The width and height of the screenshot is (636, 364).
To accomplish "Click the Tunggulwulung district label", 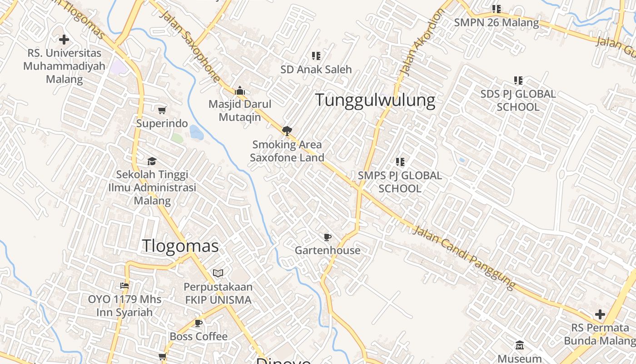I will point(375,100).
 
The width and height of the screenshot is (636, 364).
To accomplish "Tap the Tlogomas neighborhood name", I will point(180,246).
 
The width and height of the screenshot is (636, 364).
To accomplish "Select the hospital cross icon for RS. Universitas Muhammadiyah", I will point(64,40).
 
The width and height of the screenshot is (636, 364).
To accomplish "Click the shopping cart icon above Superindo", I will point(162,110).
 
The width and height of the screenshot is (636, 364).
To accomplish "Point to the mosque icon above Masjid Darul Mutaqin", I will point(240,91).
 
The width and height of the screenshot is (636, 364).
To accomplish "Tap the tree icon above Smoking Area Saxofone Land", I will point(287,131).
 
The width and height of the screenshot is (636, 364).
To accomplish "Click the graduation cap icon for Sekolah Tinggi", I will point(152,161).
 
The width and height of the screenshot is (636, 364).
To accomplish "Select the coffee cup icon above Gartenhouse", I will point(327,237).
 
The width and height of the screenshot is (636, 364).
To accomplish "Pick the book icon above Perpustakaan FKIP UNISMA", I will point(218,273).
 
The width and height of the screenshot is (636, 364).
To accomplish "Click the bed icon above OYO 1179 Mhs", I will point(124,286).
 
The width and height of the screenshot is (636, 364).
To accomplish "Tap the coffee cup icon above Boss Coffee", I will point(199,323).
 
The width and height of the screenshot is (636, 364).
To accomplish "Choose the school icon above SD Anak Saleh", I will point(316,56).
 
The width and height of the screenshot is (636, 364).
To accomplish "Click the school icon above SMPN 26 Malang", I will point(497,9).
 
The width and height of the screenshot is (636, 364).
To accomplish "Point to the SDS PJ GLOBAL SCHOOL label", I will point(518,101).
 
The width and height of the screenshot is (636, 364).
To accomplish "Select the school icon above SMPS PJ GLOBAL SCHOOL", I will point(400,162).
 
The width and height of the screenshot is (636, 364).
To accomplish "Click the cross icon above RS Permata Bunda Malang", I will point(600,314).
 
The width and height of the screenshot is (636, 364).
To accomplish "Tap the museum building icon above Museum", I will point(520,345).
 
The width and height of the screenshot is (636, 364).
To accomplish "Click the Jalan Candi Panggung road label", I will point(464,257).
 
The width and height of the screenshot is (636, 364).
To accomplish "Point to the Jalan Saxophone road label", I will point(190,46).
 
